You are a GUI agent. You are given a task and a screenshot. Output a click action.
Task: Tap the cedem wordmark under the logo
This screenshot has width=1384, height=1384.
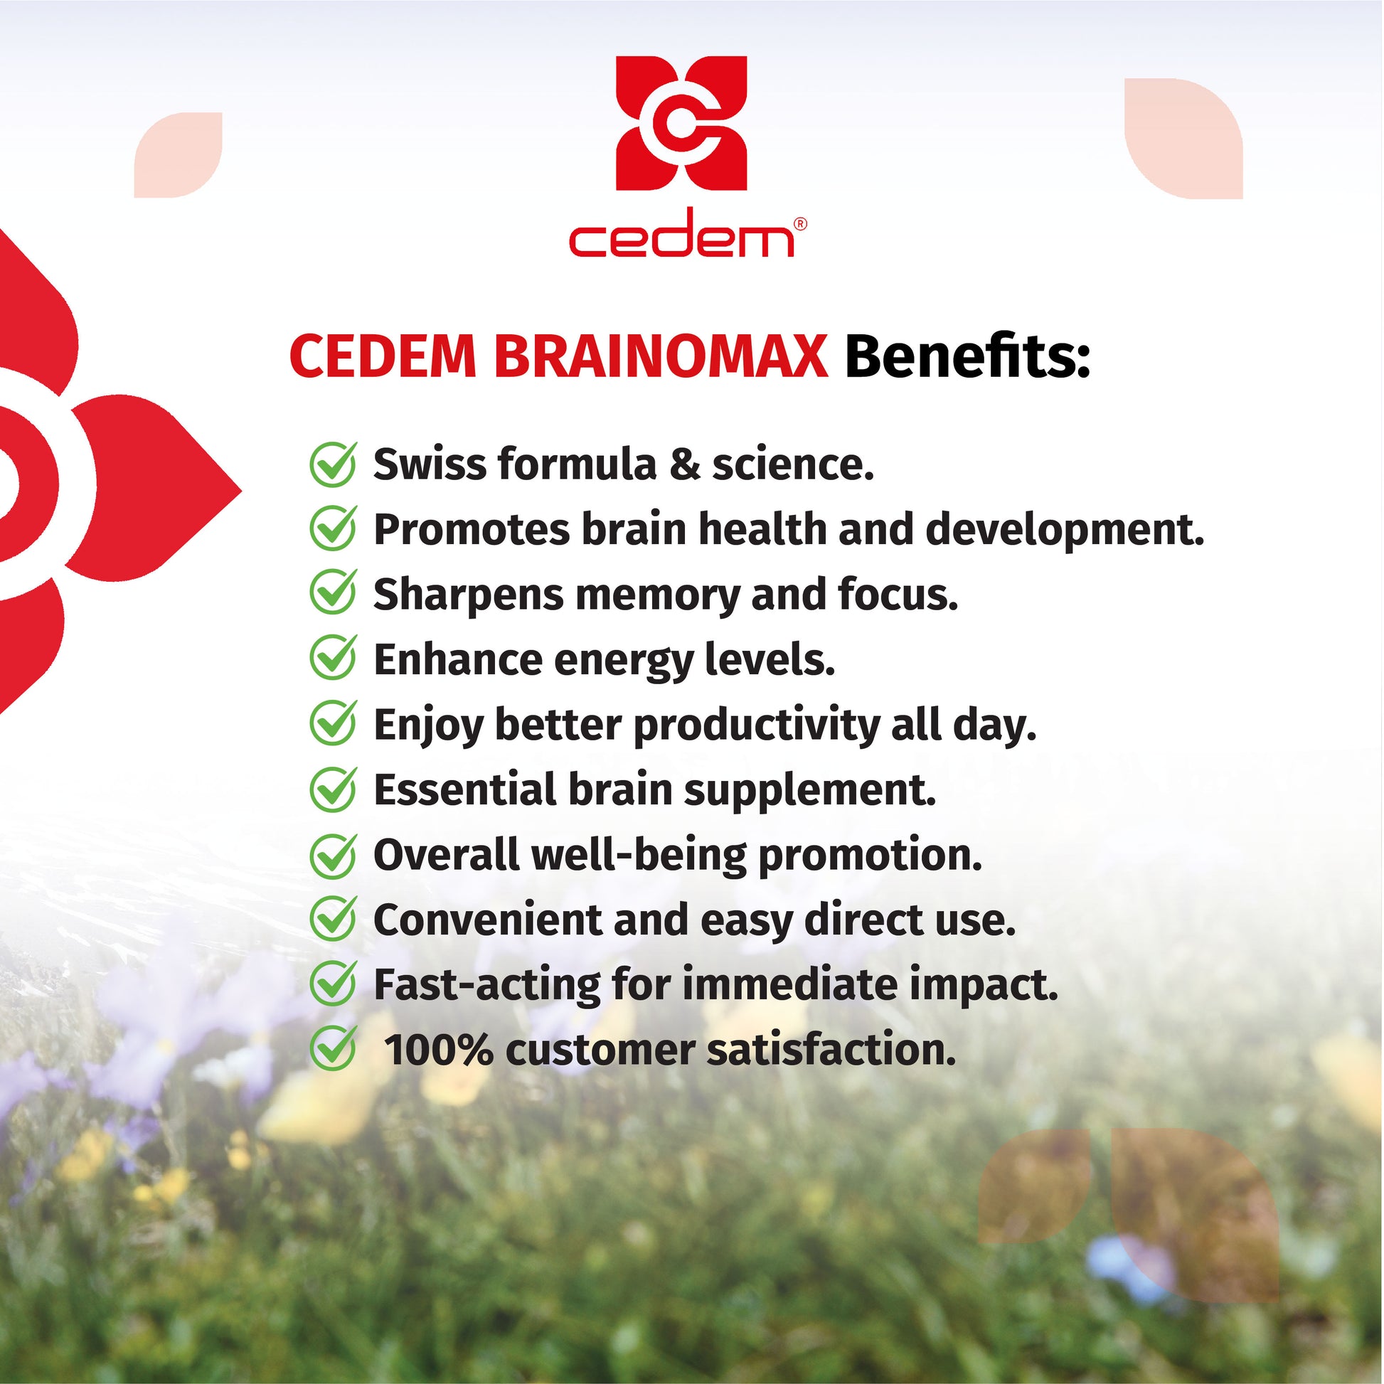click(681, 233)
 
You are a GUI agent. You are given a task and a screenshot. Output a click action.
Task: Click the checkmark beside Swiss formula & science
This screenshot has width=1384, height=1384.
click(333, 464)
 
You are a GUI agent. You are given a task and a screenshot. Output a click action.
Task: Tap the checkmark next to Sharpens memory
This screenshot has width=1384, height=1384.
click(333, 594)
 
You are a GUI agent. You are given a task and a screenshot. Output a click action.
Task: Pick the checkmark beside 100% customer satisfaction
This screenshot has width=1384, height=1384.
click(333, 1050)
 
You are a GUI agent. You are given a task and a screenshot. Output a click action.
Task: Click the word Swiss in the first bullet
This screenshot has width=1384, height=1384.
click(429, 464)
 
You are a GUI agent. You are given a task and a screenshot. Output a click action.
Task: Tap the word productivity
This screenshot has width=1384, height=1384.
click(757, 725)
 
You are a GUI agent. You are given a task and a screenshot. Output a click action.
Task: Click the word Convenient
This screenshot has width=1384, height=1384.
click(488, 920)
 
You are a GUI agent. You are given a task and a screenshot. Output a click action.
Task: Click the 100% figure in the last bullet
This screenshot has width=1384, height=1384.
click(438, 1050)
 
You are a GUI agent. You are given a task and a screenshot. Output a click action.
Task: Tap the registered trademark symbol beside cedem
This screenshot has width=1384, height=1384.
click(801, 224)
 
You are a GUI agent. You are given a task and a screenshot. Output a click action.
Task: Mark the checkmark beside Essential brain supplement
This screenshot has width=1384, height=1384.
click(333, 789)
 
